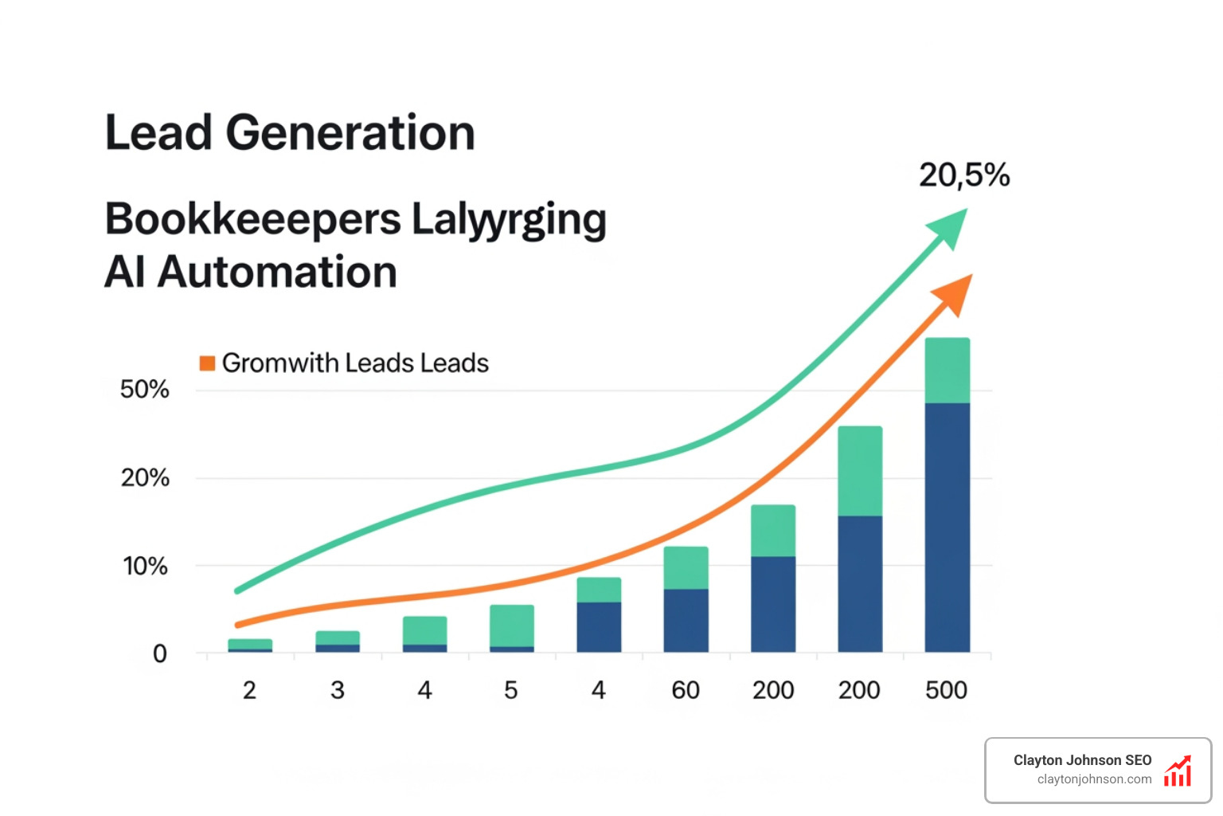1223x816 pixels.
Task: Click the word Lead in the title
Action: (159, 132)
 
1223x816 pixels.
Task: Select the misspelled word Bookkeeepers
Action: (252, 219)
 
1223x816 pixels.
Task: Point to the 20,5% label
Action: (963, 175)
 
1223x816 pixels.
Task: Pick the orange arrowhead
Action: (955, 292)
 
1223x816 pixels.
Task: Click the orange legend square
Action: (207, 363)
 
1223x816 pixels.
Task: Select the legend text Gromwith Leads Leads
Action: (354, 363)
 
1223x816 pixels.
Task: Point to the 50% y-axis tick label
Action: (144, 390)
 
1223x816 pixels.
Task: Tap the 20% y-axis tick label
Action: (144, 478)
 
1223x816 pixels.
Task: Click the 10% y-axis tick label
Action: (145, 567)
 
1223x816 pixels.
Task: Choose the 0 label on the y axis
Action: (159, 654)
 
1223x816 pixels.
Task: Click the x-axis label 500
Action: (946, 690)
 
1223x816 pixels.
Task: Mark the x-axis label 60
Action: (685, 690)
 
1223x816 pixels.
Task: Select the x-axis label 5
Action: (511, 690)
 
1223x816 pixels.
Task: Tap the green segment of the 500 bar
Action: (947, 371)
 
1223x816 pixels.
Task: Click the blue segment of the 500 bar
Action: (947, 526)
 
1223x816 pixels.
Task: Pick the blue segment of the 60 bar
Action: (686, 620)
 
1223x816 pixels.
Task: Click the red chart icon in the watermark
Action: (1178, 771)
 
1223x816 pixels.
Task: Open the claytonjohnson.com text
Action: (1094, 779)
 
